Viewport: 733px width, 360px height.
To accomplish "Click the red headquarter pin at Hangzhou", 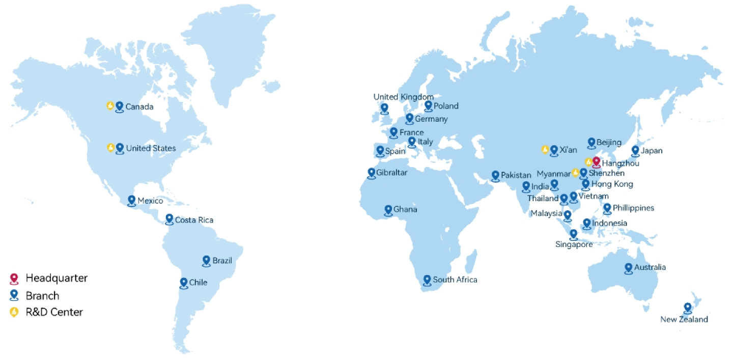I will point(597,162).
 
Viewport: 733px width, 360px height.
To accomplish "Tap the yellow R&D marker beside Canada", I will point(110,105).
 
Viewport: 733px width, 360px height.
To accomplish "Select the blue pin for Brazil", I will point(206,260).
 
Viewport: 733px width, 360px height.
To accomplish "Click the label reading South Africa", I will point(455,280).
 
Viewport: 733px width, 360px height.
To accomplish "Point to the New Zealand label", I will point(684,320).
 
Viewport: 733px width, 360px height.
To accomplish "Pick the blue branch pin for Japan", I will point(635,151).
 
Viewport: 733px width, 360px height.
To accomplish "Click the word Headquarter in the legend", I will point(57,278).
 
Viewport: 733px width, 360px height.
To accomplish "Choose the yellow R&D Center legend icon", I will point(14,312).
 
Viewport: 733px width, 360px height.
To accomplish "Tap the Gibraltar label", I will point(392,173).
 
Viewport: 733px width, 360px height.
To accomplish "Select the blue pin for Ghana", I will point(388,209).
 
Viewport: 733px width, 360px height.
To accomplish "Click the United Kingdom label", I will point(404,97).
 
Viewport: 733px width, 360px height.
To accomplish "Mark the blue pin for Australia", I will point(629,267).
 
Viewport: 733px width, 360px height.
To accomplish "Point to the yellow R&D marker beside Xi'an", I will point(545,150).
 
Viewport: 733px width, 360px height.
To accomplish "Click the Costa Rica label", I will point(194,220).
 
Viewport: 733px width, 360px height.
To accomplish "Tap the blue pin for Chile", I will point(184,282).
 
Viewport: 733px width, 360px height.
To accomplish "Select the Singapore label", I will point(574,244).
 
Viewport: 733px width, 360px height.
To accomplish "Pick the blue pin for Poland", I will point(428,105).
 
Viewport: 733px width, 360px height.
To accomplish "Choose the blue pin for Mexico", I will point(132,200).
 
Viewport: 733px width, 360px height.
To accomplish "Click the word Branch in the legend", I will point(42,295).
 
